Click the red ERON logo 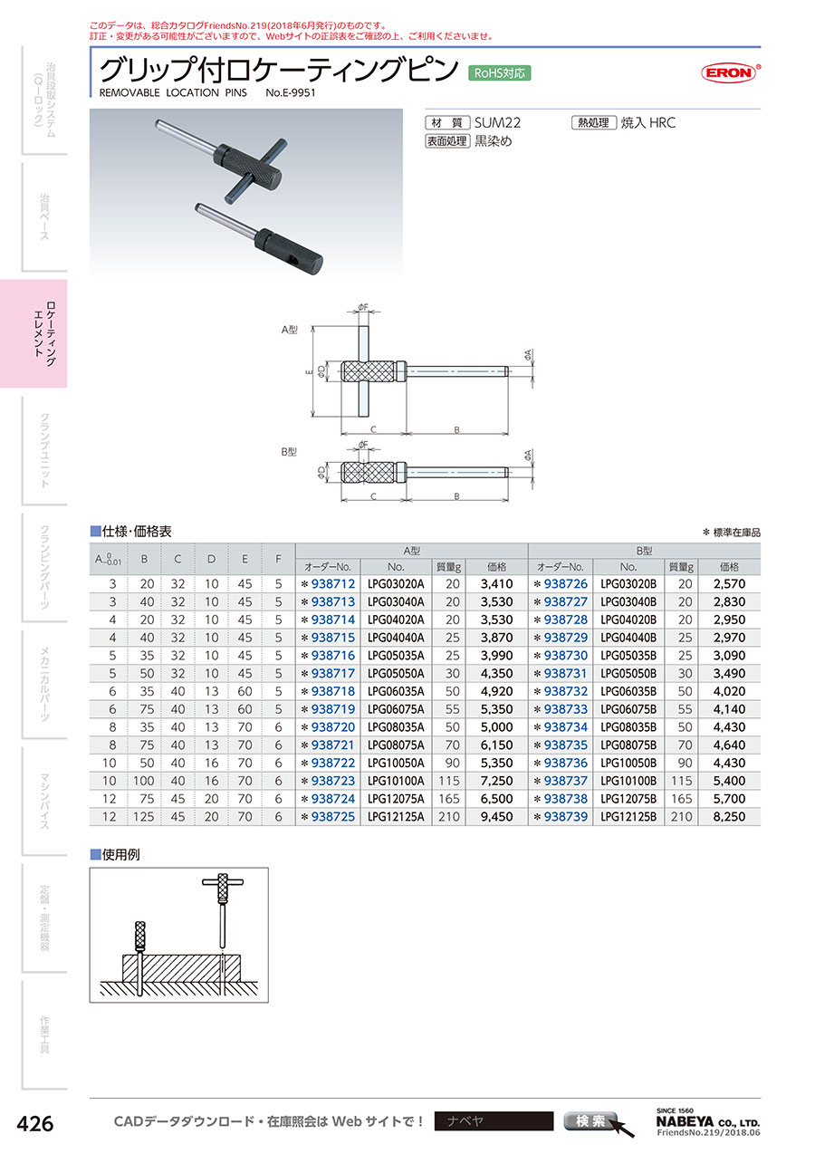tap(730, 72)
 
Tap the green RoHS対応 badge tap(499, 73)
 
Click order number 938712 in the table tap(333, 583)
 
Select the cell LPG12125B tap(628, 817)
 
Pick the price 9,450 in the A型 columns tap(496, 817)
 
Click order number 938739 tap(565, 817)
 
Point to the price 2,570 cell tap(729, 583)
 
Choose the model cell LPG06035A tap(396, 691)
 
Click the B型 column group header tap(644, 551)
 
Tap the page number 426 tap(35, 1123)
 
